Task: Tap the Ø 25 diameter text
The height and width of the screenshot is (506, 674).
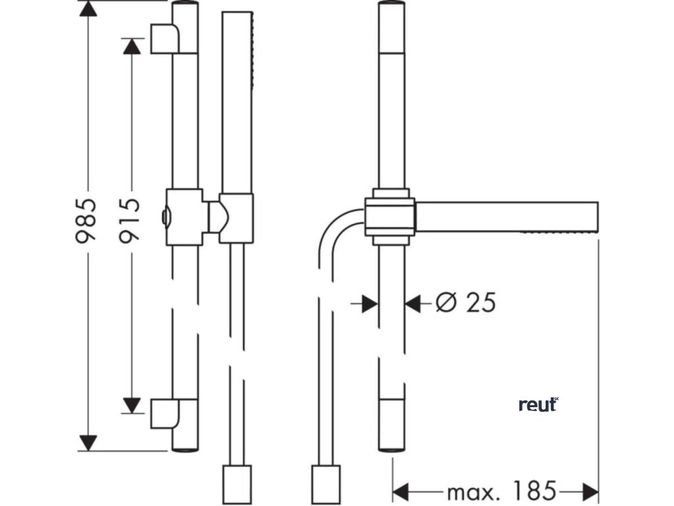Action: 465,302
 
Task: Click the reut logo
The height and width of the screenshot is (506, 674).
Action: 538,405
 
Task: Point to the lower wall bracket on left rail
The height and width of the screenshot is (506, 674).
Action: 165,414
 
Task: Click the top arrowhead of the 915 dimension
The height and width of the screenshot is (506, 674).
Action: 132,46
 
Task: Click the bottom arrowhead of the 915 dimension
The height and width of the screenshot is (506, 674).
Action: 132,405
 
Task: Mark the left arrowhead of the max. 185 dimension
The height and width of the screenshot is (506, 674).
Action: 402,492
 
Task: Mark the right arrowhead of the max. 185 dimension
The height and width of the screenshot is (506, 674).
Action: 590,492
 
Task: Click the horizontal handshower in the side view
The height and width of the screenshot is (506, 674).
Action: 507,217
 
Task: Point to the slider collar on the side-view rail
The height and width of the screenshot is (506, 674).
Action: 391,217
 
